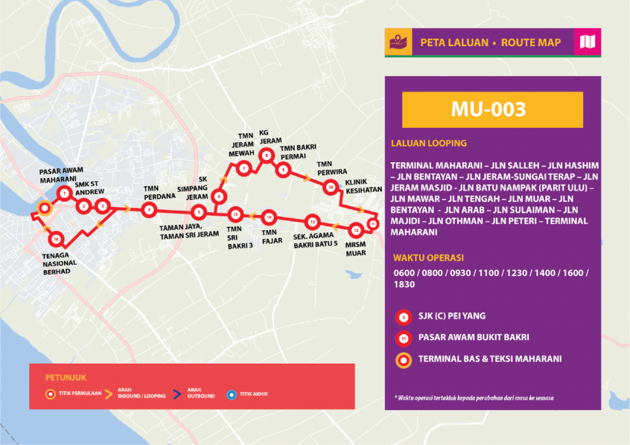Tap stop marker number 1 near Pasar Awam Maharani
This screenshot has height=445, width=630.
coord(64,194)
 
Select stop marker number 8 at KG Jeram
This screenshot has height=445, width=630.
coord(266,156)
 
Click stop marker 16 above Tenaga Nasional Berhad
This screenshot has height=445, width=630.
coord(57,239)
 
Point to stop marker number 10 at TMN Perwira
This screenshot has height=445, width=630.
coord(330,187)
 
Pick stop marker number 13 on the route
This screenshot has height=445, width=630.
coord(313,222)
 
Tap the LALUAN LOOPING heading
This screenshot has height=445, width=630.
coord(429,143)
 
